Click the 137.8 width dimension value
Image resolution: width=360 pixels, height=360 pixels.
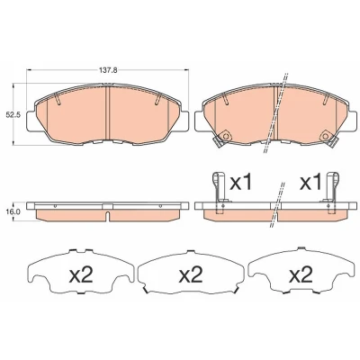(x=108, y=71)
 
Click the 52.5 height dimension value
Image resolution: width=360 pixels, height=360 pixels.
(x=13, y=114)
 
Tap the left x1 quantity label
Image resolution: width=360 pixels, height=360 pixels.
(x=240, y=183)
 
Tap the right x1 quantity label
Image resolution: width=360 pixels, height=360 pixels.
(x=310, y=183)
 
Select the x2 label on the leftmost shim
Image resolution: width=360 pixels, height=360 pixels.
(x=81, y=274)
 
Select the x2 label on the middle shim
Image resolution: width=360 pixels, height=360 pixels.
(x=191, y=274)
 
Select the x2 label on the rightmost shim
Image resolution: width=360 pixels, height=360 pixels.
(x=301, y=274)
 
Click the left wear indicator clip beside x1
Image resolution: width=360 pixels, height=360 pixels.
(x=219, y=192)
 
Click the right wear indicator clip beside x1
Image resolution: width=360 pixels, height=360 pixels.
(x=331, y=192)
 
